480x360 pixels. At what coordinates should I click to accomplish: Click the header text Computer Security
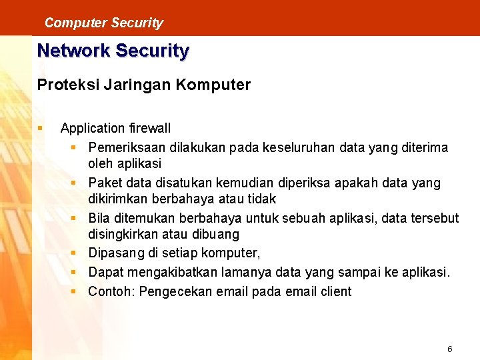103,23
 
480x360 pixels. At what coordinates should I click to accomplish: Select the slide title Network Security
113,51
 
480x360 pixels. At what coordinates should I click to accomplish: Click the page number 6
450,349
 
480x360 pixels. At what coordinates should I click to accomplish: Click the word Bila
99,218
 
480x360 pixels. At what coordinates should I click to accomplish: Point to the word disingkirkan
121,235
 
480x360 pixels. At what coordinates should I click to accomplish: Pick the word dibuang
215,235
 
